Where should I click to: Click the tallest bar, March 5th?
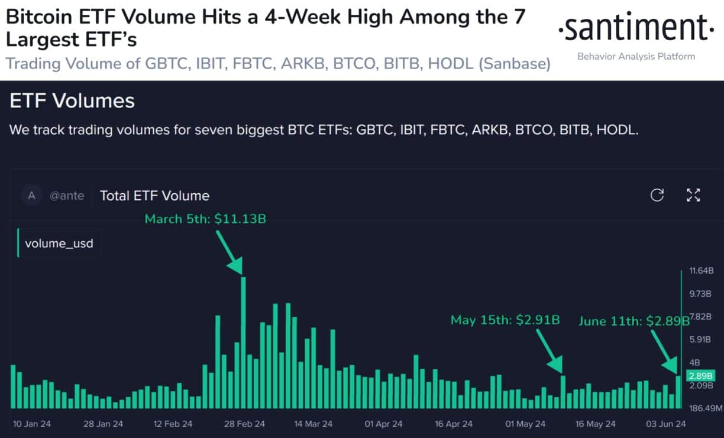(x=243, y=343)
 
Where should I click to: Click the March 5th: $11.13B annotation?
(x=205, y=219)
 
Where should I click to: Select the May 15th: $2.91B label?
(x=505, y=320)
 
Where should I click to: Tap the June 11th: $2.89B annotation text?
(x=633, y=321)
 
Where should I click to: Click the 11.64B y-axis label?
(x=702, y=270)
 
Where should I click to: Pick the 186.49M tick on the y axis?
(x=706, y=408)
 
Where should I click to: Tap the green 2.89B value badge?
(x=700, y=376)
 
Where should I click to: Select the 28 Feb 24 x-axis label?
(x=244, y=424)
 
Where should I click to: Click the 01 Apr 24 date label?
(x=383, y=424)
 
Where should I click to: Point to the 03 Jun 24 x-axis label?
(x=665, y=424)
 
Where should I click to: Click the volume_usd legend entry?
(x=59, y=243)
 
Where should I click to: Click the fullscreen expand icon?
(x=693, y=195)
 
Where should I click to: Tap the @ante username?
(x=66, y=196)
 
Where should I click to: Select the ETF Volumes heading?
(x=72, y=100)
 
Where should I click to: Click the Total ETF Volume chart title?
(x=154, y=196)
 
